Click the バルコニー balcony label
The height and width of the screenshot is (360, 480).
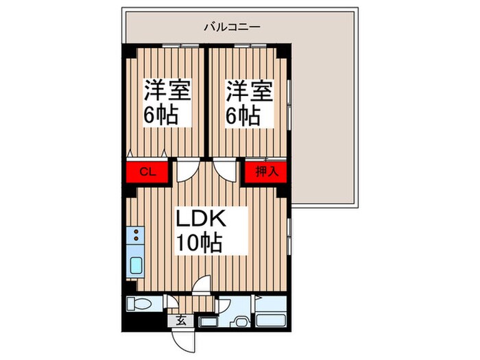230,27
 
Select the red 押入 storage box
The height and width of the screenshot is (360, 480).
262,171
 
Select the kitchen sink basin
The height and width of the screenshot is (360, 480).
135,265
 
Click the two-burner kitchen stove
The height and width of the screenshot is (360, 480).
135,236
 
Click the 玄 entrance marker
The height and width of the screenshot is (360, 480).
180,319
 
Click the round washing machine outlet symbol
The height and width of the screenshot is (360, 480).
240,323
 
